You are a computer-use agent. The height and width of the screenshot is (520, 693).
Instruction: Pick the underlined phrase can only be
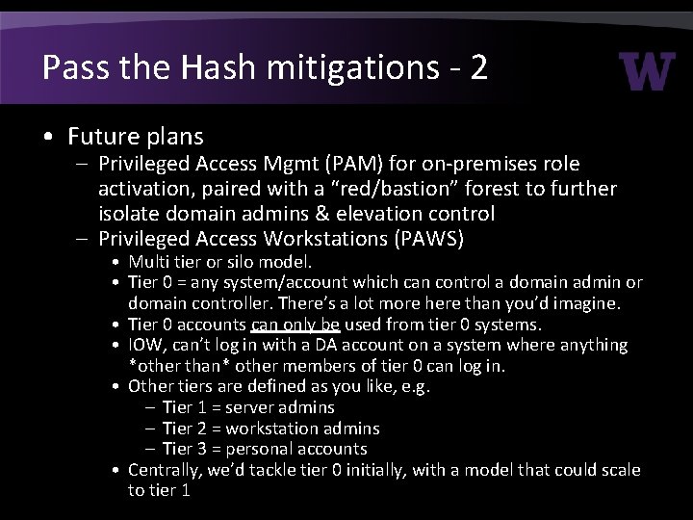(x=295, y=325)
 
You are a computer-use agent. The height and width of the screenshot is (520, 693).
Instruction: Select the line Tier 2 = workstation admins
(x=270, y=428)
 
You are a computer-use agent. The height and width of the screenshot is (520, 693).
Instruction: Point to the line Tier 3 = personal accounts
(x=265, y=449)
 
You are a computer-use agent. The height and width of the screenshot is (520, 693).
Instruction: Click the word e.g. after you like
(x=421, y=386)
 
